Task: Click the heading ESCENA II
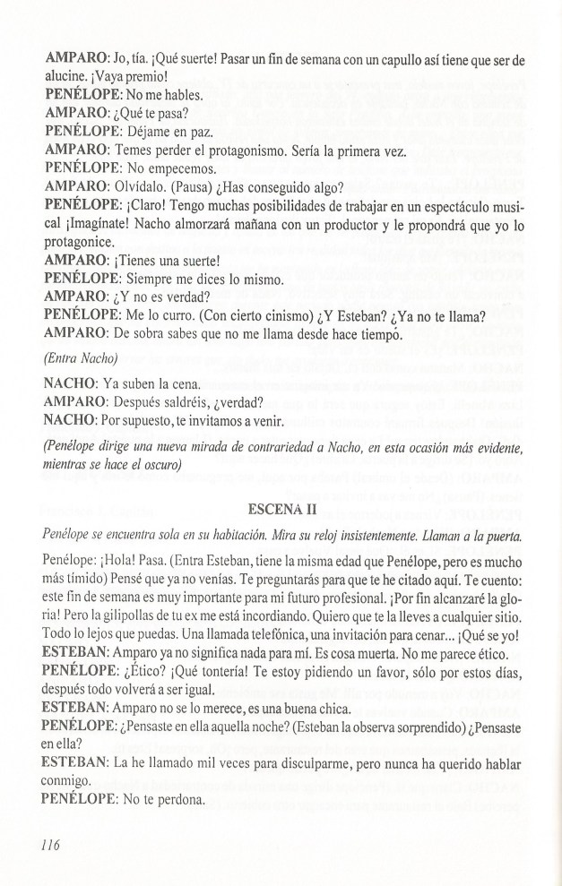282,510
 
